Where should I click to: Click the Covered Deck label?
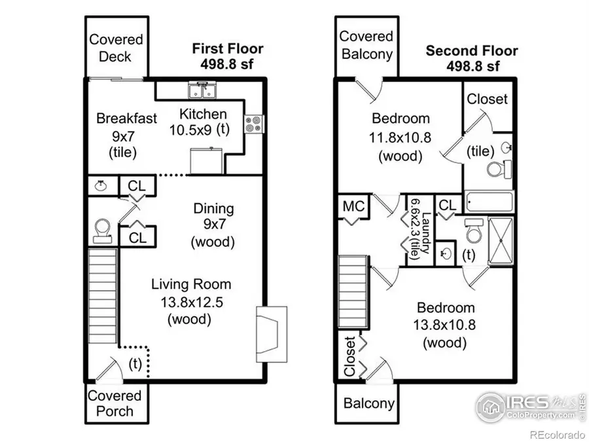tap(116, 48)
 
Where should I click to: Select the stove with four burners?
tap(254, 123)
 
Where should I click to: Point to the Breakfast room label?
tap(126, 119)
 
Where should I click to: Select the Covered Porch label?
tap(115, 403)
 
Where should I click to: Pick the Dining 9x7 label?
tap(213, 225)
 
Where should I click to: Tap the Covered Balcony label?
tap(366, 45)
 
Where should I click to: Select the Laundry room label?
tap(419, 230)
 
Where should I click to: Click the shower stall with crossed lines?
tap(501, 241)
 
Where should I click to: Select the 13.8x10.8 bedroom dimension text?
tap(446, 325)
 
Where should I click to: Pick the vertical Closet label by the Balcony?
tap(350, 357)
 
